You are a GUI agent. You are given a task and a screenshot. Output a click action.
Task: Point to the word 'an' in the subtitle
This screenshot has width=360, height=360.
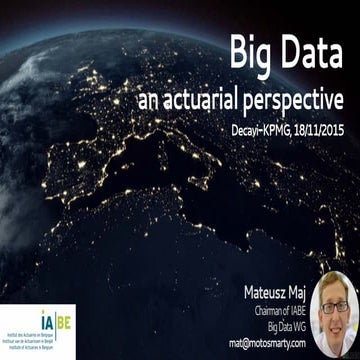(x=151, y=101)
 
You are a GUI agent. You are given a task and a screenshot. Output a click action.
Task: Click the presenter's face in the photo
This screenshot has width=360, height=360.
(x=335, y=315)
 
